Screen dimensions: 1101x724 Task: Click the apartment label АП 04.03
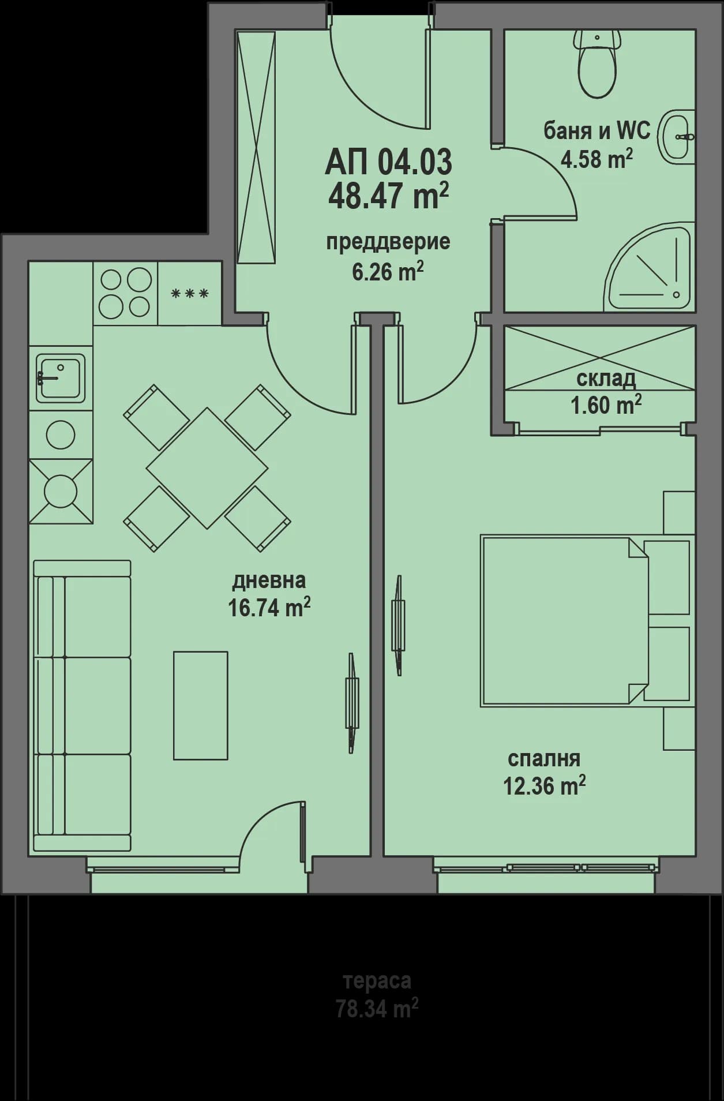click(388, 162)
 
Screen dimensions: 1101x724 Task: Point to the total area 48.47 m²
click(388, 196)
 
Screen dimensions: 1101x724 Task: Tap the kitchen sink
click(61, 377)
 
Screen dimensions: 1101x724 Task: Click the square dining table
click(207, 467)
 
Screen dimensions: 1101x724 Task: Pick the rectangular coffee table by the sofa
click(201, 705)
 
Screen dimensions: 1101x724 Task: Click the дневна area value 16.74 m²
click(269, 608)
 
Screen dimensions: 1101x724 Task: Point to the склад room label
click(606, 379)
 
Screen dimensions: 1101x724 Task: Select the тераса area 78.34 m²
click(377, 1010)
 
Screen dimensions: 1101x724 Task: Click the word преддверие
click(388, 241)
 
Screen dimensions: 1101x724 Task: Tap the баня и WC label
click(597, 132)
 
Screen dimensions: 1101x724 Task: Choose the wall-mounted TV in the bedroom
click(398, 625)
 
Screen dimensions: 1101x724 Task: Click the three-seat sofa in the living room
click(82, 705)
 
